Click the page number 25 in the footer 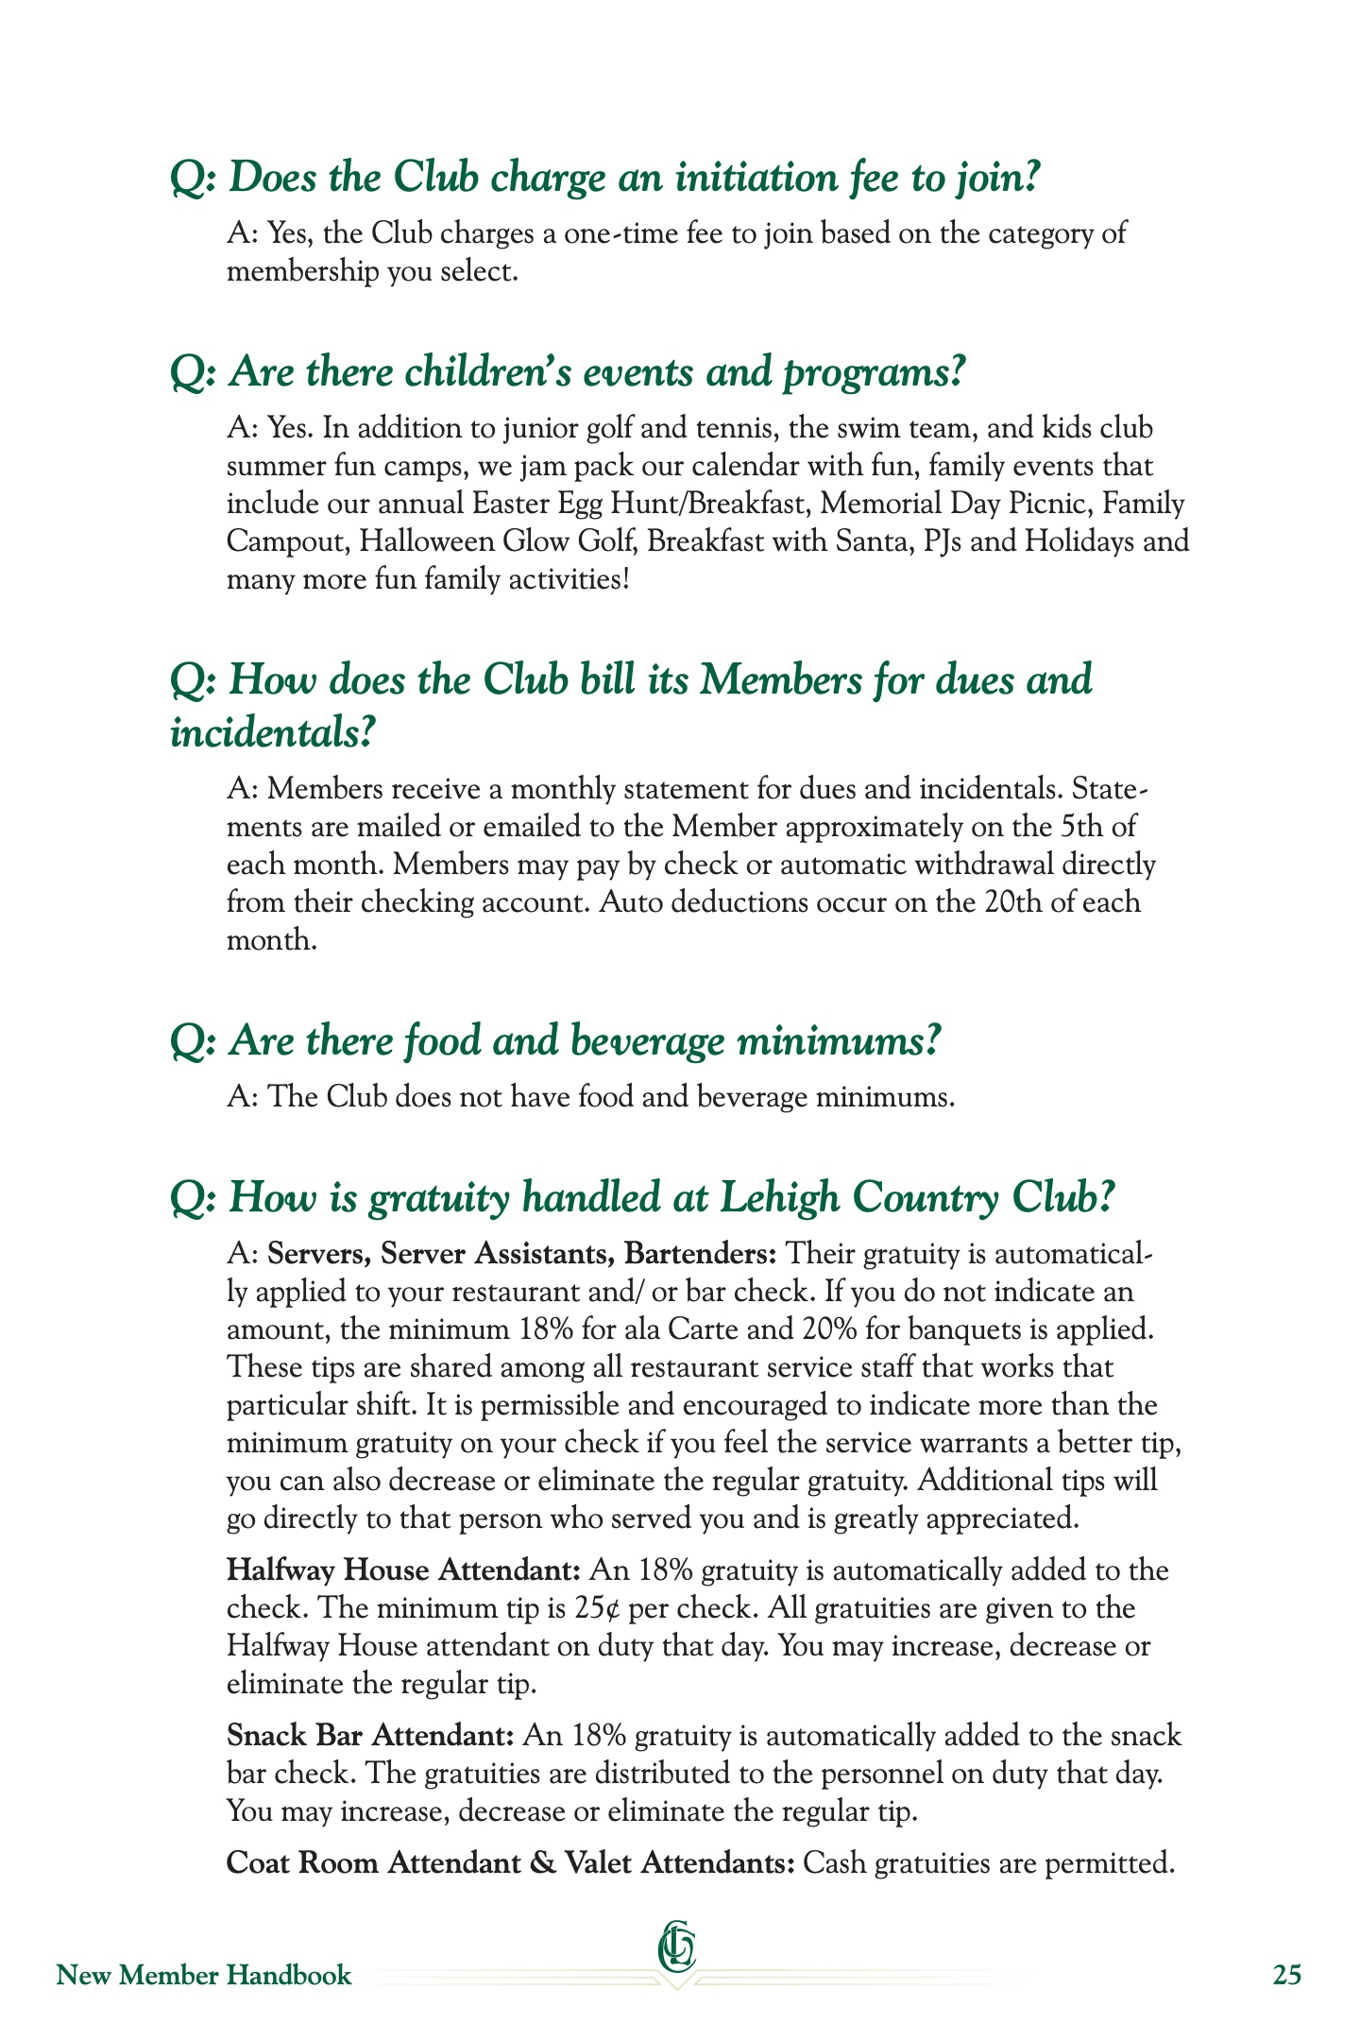[x=1286, y=1975]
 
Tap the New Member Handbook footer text [x=204, y=1975]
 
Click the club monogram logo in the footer [x=677, y=1947]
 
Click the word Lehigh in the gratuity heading [x=779, y=1198]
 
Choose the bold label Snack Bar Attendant [x=370, y=1736]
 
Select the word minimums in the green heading [x=839, y=1041]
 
